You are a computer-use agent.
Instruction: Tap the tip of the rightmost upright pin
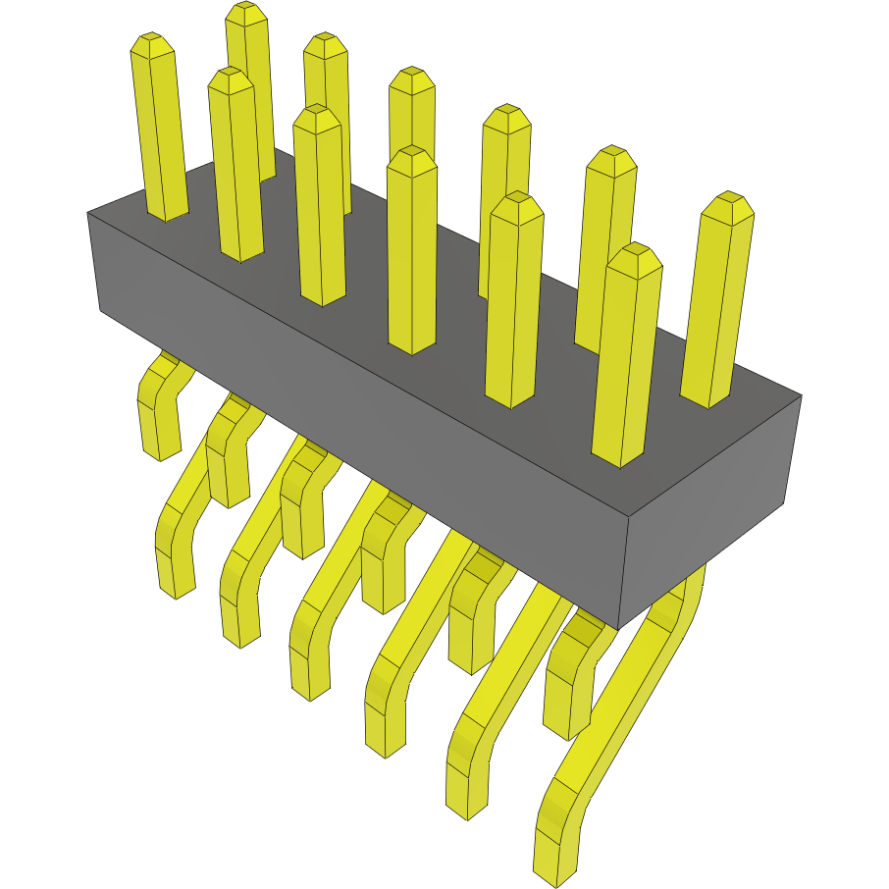click(728, 204)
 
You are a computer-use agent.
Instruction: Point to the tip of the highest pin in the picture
click(246, 13)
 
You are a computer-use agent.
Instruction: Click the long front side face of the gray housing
click(363, 392)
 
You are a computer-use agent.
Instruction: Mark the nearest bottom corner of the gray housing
click(618, 628)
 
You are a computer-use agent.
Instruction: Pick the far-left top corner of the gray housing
click(88, 212)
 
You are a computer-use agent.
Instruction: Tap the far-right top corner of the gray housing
click(801, 396)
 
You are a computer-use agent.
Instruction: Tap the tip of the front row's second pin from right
click(516, 204)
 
